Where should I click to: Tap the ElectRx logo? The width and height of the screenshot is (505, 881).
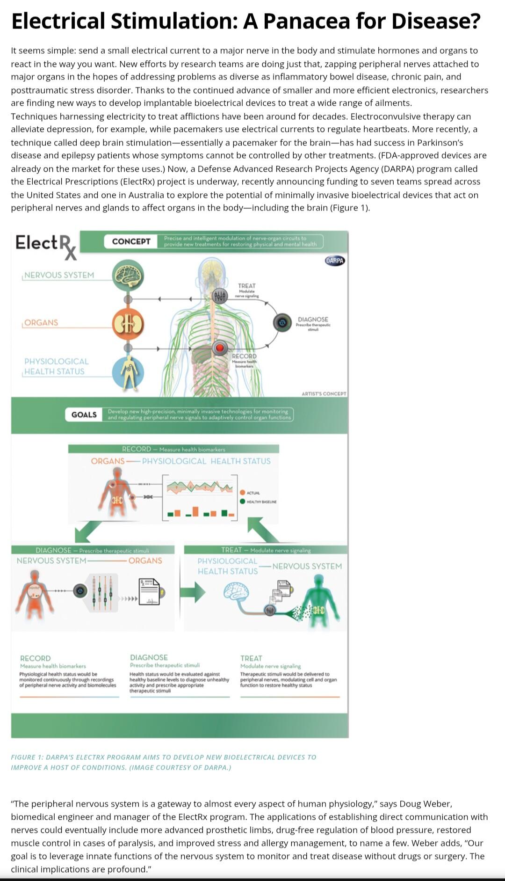46,246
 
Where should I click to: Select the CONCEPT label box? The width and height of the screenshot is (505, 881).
131,241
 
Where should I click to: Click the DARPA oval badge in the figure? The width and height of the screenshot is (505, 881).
334,261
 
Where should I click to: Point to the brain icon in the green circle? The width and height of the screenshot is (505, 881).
128,275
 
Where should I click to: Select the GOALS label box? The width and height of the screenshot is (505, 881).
84,415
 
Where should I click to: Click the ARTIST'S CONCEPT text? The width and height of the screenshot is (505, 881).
324,394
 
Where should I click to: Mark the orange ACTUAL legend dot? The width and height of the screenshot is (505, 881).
242,493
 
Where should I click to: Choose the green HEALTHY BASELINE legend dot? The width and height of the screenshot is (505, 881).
242,501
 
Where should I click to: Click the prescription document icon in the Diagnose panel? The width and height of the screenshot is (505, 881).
149,591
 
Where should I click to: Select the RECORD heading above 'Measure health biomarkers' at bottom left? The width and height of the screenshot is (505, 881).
36,658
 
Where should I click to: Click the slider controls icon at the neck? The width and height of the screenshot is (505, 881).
219,296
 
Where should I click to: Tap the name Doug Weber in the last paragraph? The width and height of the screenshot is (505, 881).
425,804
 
